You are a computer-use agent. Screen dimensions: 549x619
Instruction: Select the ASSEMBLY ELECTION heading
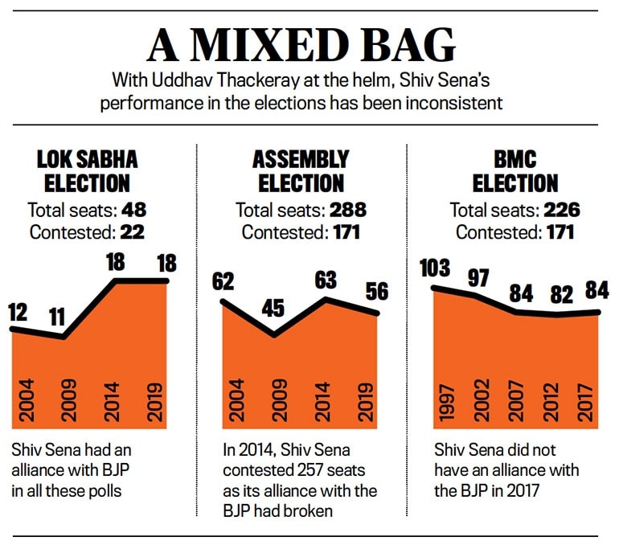(301, 170)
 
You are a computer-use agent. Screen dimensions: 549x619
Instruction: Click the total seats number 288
(346, 211)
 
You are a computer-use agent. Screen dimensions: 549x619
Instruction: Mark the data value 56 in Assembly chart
(375, 293)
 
